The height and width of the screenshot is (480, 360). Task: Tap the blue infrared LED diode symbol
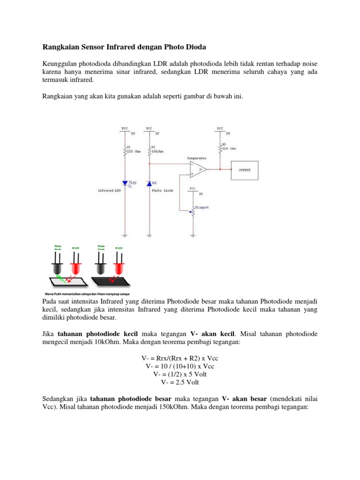point(125,183)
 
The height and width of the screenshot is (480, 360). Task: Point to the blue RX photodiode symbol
point(149,183)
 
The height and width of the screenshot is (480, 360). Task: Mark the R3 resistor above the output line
point(220,148)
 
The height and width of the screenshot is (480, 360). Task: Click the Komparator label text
point(196,158)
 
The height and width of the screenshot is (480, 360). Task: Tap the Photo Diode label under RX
point(162,191)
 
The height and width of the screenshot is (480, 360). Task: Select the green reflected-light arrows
point(61,278)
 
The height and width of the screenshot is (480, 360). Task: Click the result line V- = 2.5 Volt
point(180,382)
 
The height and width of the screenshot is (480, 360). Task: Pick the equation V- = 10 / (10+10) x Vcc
point(180,366)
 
